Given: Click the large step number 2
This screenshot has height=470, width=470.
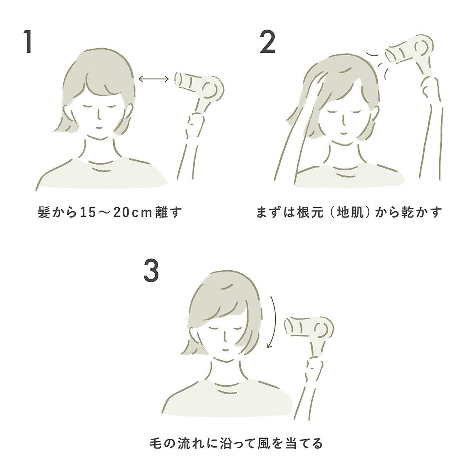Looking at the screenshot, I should click(x=267, y=42).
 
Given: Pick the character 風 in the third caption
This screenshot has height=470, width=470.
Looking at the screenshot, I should click(x=250, y=443).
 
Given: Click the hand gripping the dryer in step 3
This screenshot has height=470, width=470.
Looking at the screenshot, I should click(x=314, y=368).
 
